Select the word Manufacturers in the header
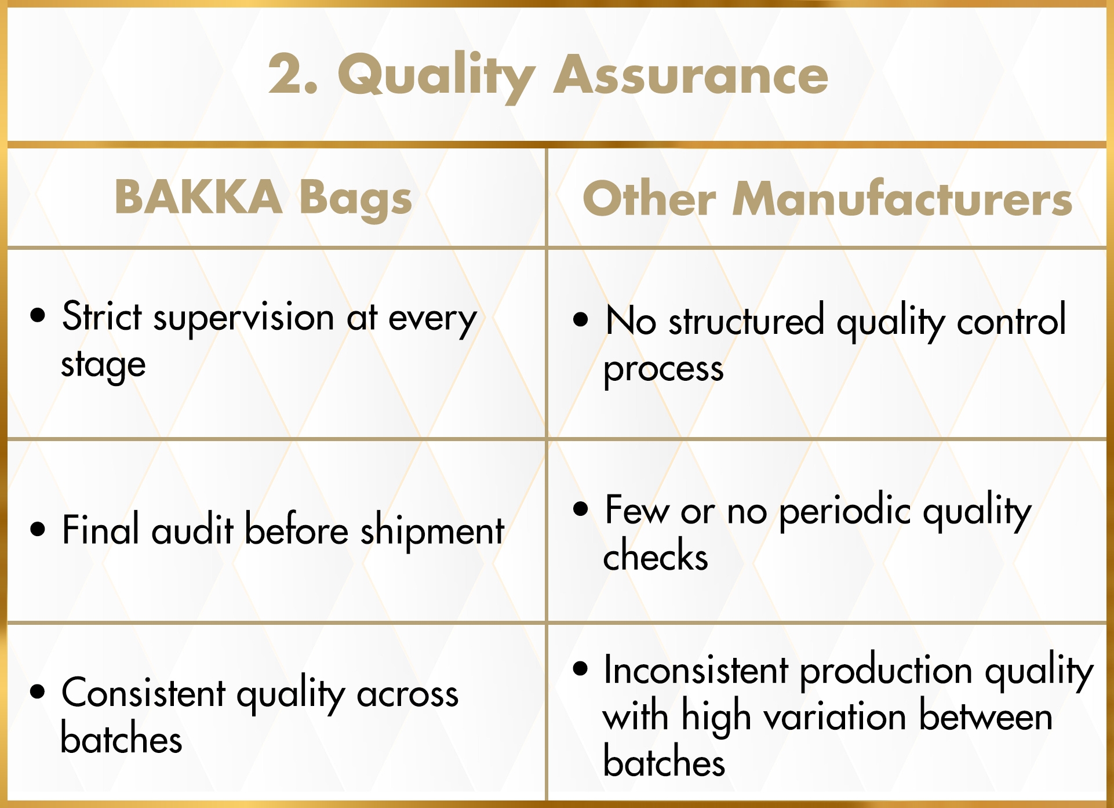pos(902,198)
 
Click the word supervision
pos(243,319)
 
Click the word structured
pos(746,320)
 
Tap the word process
pos(664,370)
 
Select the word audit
pos(192,530)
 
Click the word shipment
pos(432,531)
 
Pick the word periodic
pos(844,511)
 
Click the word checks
pos(656,555)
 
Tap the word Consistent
pos(144,693)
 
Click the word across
pos(407,694)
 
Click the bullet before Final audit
pos(38,529)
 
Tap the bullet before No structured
pos(580,319)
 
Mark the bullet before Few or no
pos(580,509)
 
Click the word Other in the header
pos(649,198)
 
